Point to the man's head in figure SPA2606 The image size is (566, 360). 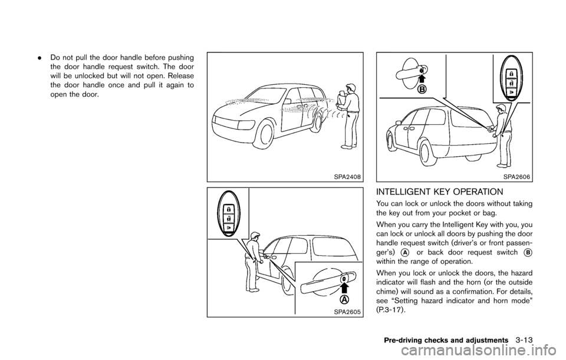[x=501, y=109]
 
